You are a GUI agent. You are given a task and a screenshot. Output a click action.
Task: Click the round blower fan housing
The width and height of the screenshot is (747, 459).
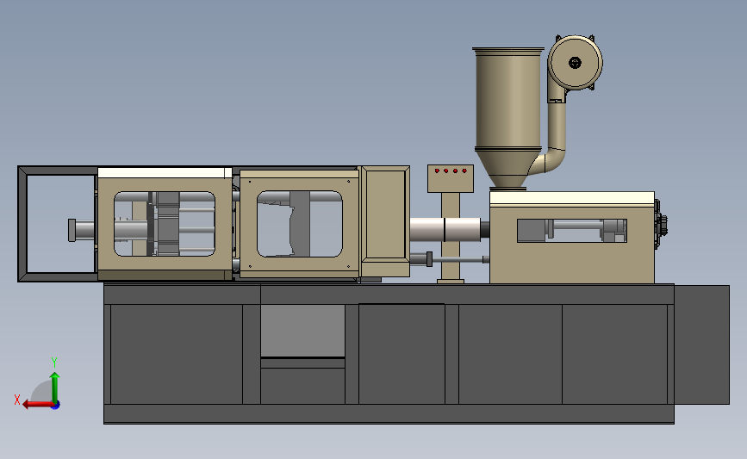[575, 62]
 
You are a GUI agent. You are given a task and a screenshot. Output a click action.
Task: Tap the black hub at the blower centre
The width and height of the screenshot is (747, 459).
[575, 62]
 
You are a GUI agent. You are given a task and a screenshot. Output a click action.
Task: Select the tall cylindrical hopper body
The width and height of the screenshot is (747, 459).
[508, 99]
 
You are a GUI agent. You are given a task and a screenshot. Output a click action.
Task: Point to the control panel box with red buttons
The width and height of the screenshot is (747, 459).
[451, 178]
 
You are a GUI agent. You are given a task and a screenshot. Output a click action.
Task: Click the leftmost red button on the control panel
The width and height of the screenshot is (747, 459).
[437, 171]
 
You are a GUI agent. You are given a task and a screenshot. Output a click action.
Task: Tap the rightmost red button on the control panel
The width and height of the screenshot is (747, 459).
[464, 171]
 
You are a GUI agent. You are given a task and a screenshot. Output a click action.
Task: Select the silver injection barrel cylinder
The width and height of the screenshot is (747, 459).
[445, 229]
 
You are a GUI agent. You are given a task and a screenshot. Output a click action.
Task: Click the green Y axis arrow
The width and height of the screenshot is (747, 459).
[55, 388]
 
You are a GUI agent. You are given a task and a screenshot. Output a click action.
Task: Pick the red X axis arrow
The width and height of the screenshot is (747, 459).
[39, 404]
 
